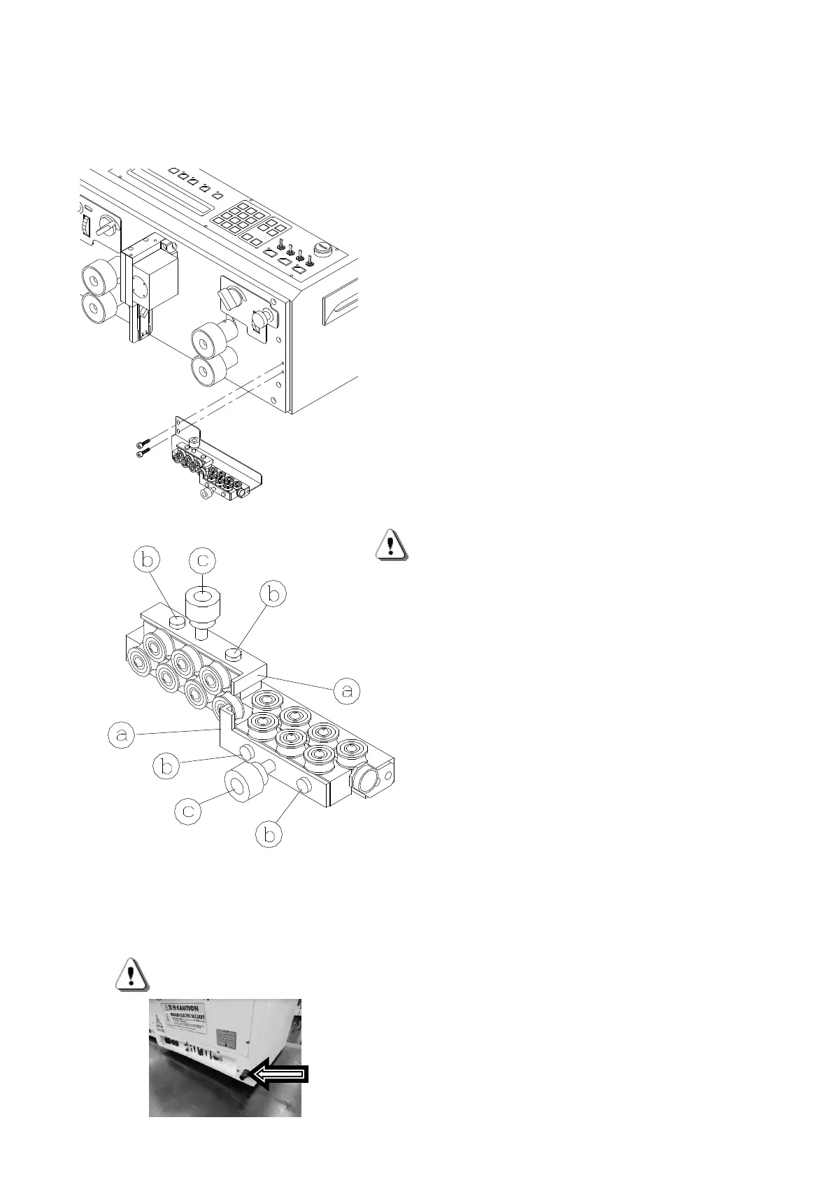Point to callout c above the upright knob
202,560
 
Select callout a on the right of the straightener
346,691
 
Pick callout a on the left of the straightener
122,736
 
